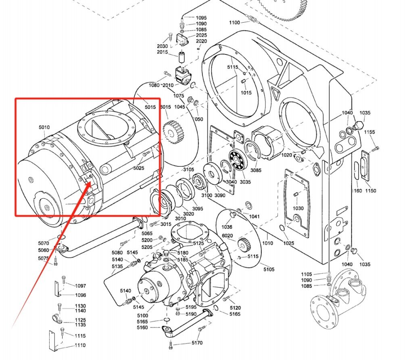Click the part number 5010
[44, 128]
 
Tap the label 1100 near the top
[234, 23]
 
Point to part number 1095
[201, 18]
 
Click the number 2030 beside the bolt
[162, 46]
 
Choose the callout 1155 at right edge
[369, 132]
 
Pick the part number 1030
[298, 208]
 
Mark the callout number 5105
[269, 270]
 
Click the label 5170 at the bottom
[197, 343]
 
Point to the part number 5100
[143, 315]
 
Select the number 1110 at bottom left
[80, 345]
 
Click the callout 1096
[81, 295]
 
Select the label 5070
[44, 243]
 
